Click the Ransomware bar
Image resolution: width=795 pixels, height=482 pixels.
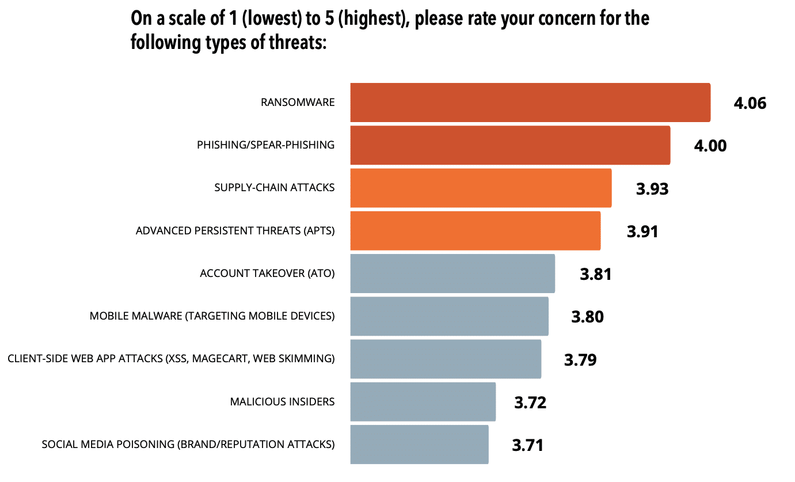(x=530, y=103)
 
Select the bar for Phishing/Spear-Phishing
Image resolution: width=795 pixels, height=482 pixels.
(x=510, y=145)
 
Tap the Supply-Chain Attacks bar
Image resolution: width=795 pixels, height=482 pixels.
(x=481, y=188)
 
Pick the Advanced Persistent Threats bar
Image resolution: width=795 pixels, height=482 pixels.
(x=476, y=230)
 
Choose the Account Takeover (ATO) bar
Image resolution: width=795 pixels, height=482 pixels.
(x=452, y=274)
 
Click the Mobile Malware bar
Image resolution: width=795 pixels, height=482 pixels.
(x=449, y=316)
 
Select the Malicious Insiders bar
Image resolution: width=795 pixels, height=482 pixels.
(x=423, y=401)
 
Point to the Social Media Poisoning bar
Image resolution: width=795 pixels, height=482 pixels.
(x=419, y=444)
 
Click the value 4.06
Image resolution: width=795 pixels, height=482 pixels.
(x=750, y=104)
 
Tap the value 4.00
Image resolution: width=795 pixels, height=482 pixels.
(x=710, y=146)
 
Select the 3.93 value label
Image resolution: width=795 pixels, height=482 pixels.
(x=652, y=189)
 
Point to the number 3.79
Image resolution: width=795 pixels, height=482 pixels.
(x=580, y=360)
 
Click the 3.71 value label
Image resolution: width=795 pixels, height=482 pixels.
(x=527, y=445)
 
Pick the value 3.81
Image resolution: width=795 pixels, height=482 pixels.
(x=595, y=274)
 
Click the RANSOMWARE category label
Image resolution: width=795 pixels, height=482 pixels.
(x=297, y=103)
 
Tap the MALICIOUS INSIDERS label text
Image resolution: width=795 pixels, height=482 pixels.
(x=282, y=401)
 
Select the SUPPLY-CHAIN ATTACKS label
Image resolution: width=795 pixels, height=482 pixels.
(x=274, y=188)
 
